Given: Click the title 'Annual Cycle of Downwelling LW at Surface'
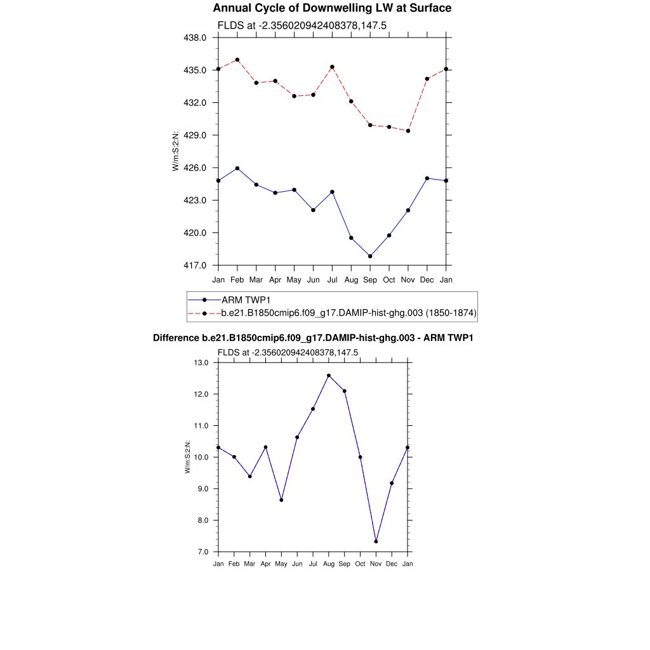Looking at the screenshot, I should [332, 8].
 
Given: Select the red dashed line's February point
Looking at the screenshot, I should [237, 60].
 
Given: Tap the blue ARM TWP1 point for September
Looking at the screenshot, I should [370, 256].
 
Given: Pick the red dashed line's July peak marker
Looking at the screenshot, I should [332, 67].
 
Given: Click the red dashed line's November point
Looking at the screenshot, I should [408, 131].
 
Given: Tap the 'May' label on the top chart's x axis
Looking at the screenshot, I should [294, 279].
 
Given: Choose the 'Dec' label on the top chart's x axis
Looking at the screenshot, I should [427, 279].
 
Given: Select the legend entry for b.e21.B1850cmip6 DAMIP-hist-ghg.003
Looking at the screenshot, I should [348, 313].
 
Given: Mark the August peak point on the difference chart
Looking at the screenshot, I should [329, 375].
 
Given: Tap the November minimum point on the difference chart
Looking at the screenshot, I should [376, 541].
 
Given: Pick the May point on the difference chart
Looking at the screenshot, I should [281, 500].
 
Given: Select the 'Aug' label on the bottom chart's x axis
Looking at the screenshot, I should [329, 564].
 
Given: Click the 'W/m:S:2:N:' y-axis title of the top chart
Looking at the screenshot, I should [175, 151].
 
